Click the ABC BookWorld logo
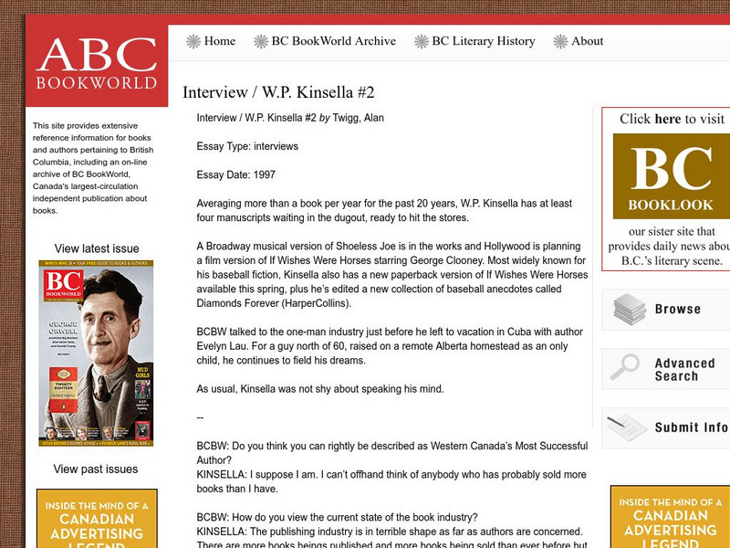[97, 64]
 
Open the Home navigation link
[219, 41]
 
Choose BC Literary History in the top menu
[483, 41]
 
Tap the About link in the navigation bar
[587, 41]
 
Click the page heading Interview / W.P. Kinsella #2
[278, 92]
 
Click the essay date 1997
[262, 174]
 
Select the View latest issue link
[97, 248]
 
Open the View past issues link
[96, 469]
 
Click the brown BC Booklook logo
[671, 176]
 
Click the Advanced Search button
[684, 369]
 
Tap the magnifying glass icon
[625, 367]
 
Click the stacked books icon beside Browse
[629, 310]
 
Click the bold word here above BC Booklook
[668, 119]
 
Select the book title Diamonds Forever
[235, 304]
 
